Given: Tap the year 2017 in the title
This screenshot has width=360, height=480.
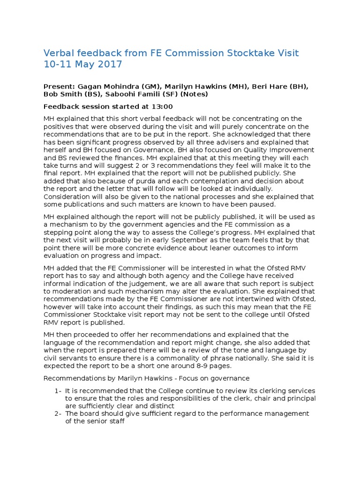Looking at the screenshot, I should coord(111,65).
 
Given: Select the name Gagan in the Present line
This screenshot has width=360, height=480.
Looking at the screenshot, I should coord(91,87).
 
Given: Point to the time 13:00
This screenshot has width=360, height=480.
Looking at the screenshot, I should coord(162,106).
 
